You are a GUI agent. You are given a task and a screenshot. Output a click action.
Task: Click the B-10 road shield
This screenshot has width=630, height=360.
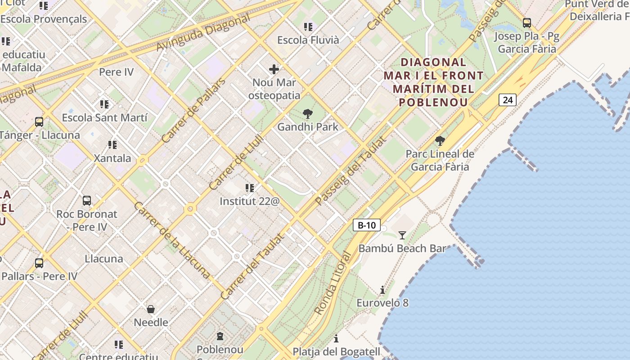coord(367,225)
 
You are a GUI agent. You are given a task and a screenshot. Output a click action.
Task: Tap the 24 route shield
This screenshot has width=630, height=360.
coord(508,100)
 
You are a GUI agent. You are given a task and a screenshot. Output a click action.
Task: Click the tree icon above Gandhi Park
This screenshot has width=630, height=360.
coord(308,113)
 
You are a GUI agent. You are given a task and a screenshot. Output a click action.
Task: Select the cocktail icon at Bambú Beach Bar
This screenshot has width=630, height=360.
coord(402,235)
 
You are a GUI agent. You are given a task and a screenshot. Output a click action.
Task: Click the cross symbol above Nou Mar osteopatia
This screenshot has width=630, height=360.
coord(274,69)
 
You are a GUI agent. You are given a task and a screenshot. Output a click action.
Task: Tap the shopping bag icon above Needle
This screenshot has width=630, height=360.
coord(151,309)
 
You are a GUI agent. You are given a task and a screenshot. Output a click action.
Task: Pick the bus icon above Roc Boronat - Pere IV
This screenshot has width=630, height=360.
coord(87,200)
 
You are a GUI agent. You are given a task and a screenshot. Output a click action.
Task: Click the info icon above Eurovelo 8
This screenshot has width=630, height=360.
coord(382,290)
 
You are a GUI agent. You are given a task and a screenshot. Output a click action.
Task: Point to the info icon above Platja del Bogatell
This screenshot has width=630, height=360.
coord(336,338)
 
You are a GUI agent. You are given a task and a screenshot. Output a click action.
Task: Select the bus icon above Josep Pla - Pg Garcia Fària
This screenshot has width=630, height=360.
coord(526,22)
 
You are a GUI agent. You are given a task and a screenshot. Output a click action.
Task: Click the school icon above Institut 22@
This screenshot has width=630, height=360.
coord(250,188)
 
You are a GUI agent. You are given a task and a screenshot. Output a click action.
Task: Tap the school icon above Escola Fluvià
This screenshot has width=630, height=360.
coord(308,27)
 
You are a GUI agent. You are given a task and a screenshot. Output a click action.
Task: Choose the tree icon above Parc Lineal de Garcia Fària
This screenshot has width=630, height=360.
coord(440,141)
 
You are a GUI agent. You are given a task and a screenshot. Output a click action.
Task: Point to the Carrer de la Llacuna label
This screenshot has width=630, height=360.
coord(172,239)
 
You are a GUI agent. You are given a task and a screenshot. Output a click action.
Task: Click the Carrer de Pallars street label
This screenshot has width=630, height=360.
coord(193,111)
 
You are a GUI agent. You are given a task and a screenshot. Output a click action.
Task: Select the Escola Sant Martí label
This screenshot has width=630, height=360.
coord(104,118)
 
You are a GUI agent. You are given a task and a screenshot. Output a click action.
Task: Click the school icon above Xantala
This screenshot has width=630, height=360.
coord(112,145)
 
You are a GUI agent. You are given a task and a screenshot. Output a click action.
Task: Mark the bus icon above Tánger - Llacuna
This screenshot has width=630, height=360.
coord(39,121)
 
